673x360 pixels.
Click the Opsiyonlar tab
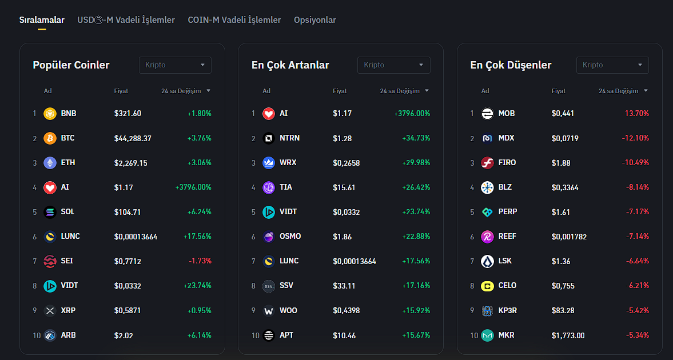tap(314, 20)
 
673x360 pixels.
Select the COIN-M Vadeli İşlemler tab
tap(234, 20)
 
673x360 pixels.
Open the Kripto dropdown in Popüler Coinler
tap(175, 65)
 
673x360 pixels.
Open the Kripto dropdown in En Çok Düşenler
tap(612, 65)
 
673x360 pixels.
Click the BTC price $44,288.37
tap(133, 138)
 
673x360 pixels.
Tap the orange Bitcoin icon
tap(50, 138)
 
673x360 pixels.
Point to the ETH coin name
tap(68, 163)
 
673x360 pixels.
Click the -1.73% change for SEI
tap(200, 261)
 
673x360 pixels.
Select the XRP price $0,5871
tap(128, 311)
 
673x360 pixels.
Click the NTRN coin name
tap(289, 138)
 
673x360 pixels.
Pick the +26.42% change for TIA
tap(416, 187)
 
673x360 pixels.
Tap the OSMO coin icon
tap(269, 237)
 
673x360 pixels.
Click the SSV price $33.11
tap(344, 286)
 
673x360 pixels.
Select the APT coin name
tap(286, 335)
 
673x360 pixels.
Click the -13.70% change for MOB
tap(635, 114)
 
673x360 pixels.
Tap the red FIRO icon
tap(487, 163)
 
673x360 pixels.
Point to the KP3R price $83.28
tap(563, 311)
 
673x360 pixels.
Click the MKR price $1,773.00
tap(568, 335)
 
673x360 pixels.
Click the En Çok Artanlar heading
tap(290, 65)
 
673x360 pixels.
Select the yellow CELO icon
tap(487, 286)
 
